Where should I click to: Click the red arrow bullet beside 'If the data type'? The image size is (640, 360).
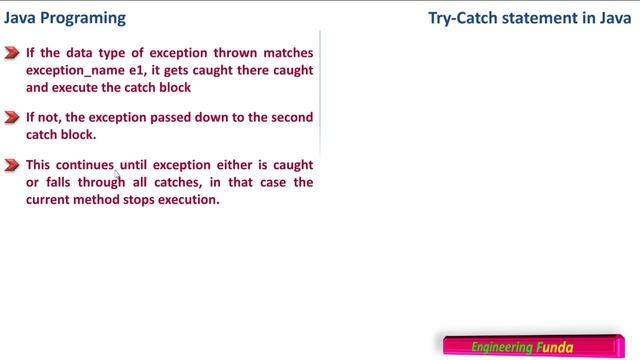[12, 54]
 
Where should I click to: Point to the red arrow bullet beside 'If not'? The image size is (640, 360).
[12, 118]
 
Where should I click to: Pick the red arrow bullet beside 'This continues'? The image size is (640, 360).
[12, 165]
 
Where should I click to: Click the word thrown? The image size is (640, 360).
[228, 54]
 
